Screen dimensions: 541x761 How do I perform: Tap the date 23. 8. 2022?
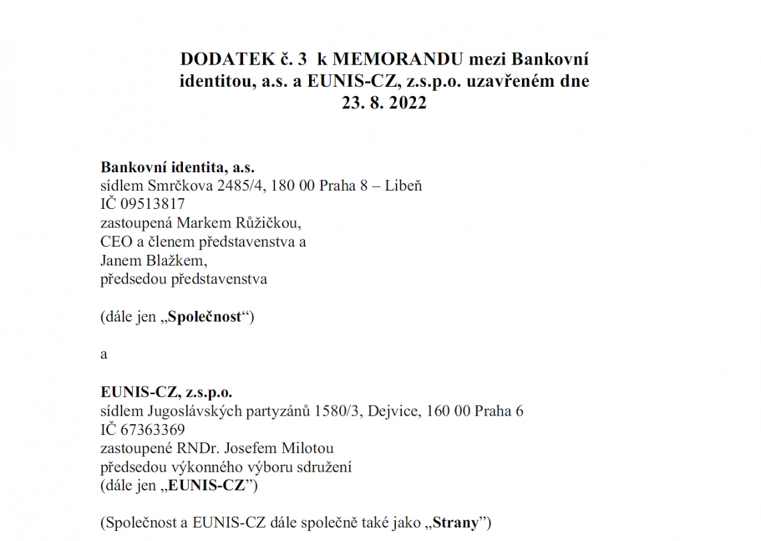(x=384, y=103)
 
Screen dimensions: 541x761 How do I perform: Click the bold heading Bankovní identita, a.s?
(x=178, y=167)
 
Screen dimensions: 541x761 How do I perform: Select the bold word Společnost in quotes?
(x=204, y=317)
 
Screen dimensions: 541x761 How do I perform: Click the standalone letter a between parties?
(x=103, y=354)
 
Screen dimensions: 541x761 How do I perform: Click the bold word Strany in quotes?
(x=455, y=523)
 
